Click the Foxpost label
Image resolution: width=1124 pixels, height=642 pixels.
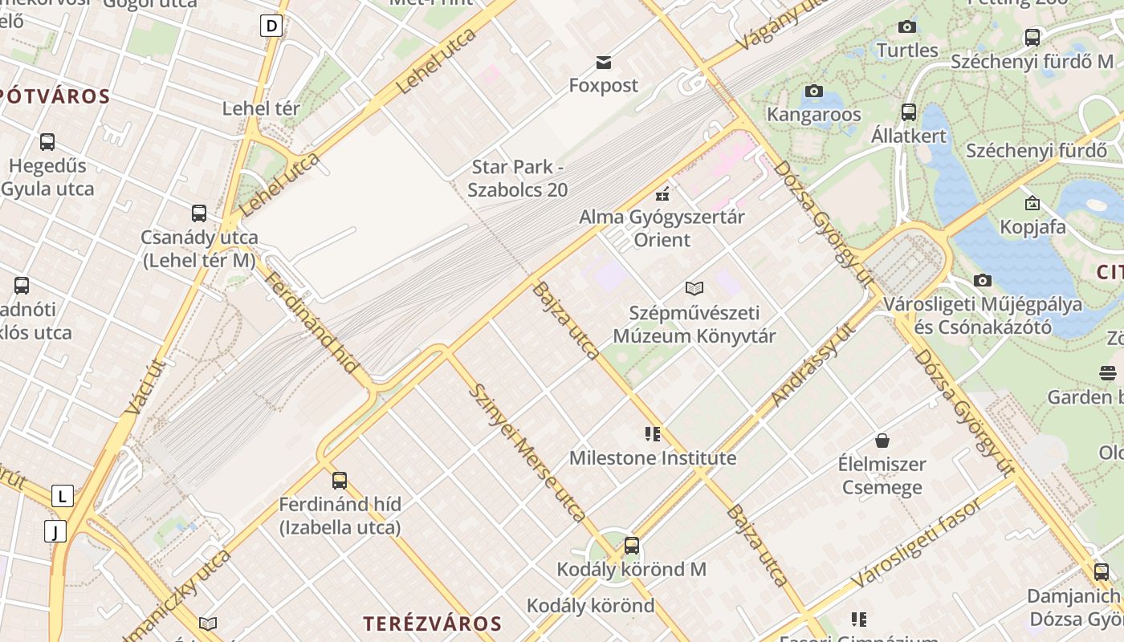[x=604, y=85]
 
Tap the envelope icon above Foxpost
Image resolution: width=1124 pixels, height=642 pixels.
[x=604, y=62]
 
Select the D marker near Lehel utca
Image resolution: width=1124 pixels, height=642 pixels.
[x=271, y=26]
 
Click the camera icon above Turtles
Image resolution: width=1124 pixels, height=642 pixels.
[x=907, y=27]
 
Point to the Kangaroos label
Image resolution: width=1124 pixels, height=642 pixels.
[x=813, y=114]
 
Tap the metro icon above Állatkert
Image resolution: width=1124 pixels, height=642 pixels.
[x=909, y=112]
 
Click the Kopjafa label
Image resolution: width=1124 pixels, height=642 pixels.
[x=1032, y=227]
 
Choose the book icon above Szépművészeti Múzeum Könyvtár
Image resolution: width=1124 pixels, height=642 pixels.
[x=694, y=288]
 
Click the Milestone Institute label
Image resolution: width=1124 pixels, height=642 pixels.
[x=652, y=458]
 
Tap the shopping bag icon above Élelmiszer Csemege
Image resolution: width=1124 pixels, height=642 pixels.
[x=882, y=441]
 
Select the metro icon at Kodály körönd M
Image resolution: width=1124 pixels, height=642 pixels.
[x=632, y=546]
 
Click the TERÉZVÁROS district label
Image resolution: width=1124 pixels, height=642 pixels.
[x=432, y=624]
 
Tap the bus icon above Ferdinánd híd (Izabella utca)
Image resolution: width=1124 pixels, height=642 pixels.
[x=340, y=481]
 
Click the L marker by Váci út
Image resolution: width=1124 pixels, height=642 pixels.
[x=62, y=496]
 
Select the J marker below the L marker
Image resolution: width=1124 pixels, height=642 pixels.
[x=55, y=531]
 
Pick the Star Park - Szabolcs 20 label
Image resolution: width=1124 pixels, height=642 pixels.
[x=517, y=178]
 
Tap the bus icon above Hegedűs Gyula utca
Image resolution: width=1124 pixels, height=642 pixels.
[x=47, y=142]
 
